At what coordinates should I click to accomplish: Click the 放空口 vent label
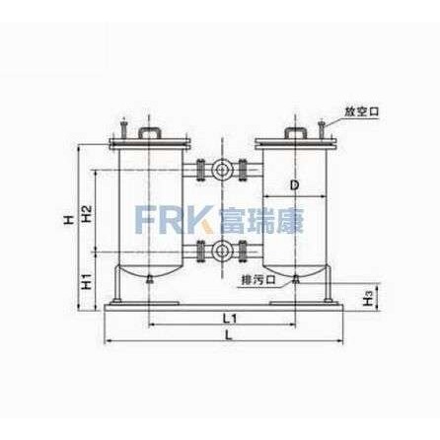click(362, 111)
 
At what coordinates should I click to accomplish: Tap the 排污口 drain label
click(258, 280)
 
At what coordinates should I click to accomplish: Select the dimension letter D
click(295, 185)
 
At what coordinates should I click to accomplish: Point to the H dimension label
click(68, 220)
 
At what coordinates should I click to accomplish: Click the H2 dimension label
click(86, 214)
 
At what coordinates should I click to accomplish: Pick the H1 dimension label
click(86, 281)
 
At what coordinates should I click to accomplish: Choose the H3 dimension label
click(369, 297)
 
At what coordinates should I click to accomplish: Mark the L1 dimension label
click(230, 318)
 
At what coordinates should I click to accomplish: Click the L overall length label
click(229, 335)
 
